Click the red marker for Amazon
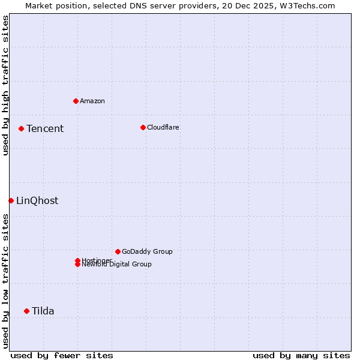tap(76, 101)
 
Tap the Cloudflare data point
tap(143, 127)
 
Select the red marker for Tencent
tap(21, 128)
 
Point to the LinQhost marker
tap(11, 200)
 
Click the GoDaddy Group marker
tap(118, 251)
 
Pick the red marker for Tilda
tap(26, 311)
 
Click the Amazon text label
tap(92, 101)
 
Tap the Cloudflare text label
tap(163, 127)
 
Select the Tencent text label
tap(45, 128)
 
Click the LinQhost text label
tap(37, 200)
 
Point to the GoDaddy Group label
tap(147, 251)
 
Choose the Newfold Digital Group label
tap(117, 265)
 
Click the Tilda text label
tap(43, 311)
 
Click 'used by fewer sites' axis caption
tap(62, 355)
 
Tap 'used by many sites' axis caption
tap(301, 355)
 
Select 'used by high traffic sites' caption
tap(5, 86)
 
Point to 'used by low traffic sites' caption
tap(5, 281)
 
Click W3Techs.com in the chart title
tap(305, 5)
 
